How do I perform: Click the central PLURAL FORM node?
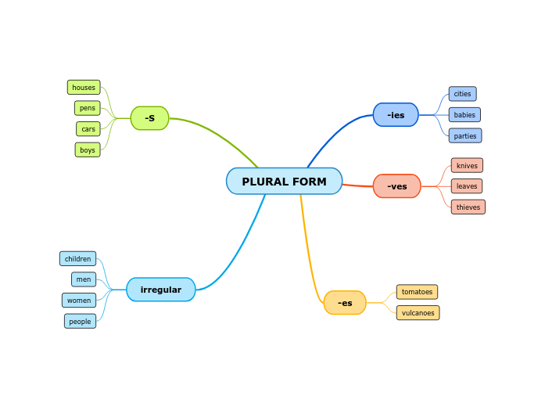point(284,181)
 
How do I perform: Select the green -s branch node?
point(149,118)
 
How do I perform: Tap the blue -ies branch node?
point(396,115)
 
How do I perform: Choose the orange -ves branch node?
point(397,186)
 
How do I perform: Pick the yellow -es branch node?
point(345,303)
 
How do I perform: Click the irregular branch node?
point(160,290)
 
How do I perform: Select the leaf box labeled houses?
point(84,88)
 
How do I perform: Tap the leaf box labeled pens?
point(88,108)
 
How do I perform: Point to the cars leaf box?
point(88,128)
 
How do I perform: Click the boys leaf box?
point(88,149)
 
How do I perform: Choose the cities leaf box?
point(462,94)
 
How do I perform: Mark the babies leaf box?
point(464,115)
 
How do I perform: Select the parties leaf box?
point(464,135)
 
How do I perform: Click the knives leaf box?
point(467,166)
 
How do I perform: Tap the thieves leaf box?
point(468,207)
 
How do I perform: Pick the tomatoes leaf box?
point(417,292)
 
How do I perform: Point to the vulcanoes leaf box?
point(418,313)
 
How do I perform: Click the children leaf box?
point(77,259)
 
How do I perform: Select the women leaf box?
point(79,301)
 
